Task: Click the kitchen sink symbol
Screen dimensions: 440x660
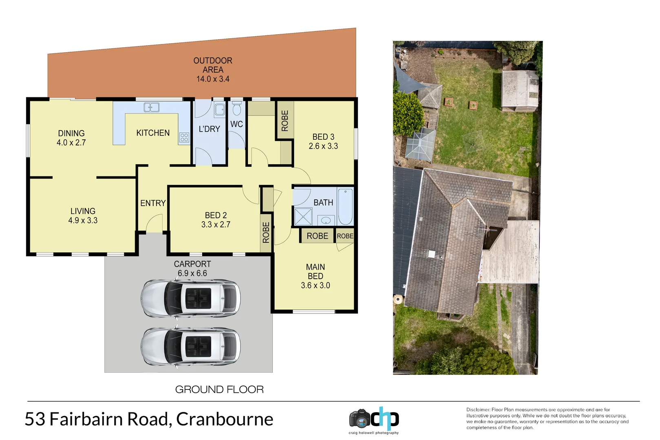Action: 151,107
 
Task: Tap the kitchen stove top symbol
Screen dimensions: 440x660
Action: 184,138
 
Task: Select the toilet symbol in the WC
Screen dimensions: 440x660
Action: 237,109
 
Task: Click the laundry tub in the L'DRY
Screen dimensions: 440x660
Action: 219,109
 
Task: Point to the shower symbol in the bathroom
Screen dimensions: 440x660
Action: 303,216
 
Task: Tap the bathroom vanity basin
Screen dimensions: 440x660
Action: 326,220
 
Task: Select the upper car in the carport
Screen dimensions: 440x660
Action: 190,298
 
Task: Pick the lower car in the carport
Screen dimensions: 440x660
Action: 190,346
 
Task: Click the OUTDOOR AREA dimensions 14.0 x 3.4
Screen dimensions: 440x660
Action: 213,79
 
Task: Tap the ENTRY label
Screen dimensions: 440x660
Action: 153,203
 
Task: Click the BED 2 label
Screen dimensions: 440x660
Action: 216,215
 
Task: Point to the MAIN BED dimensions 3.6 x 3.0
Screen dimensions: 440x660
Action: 315,286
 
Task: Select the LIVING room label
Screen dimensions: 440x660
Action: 83,211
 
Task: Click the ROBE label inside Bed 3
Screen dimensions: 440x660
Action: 285,121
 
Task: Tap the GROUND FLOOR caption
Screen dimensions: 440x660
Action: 219,389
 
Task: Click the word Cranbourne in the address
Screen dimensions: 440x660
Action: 225,419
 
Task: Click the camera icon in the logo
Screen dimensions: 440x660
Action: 360,418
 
